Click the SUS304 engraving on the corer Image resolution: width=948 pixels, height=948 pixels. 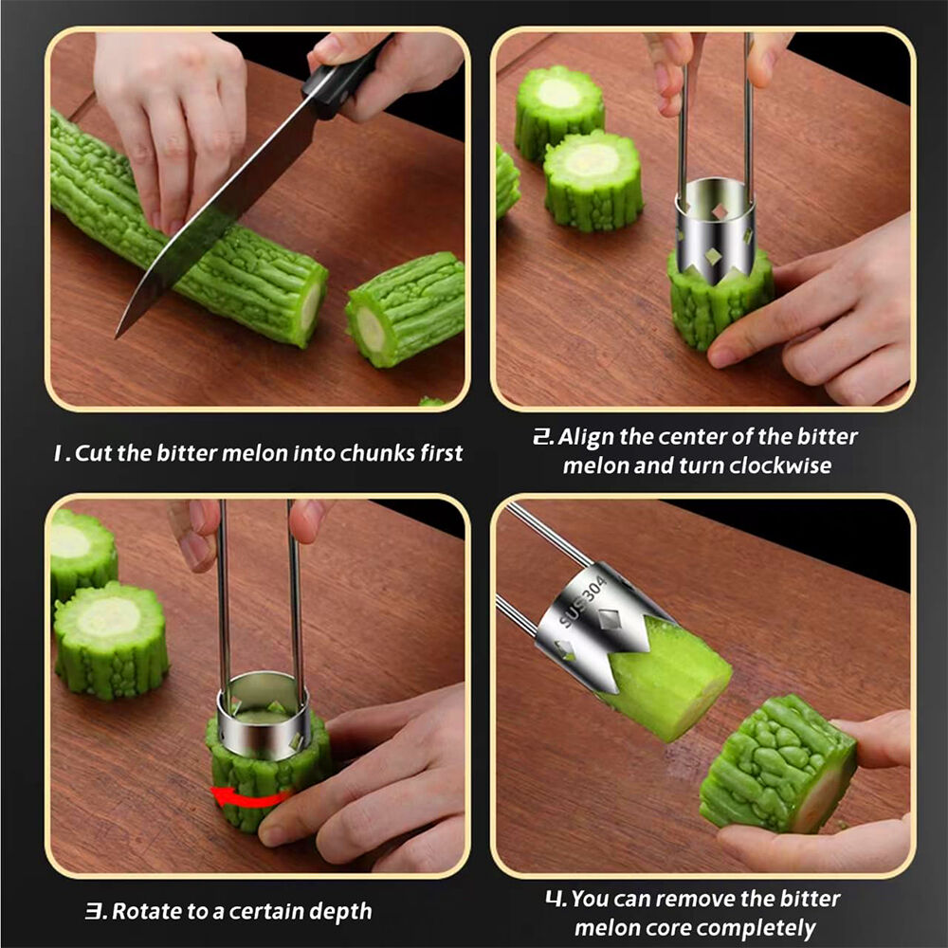582,602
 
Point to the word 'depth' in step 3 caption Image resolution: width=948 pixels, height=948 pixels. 342,911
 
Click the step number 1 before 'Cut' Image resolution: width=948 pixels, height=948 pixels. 59,453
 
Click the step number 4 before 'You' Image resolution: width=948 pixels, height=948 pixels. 555,899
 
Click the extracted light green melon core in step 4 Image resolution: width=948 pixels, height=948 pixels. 671,674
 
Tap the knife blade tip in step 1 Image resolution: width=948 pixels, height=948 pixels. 117,337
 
